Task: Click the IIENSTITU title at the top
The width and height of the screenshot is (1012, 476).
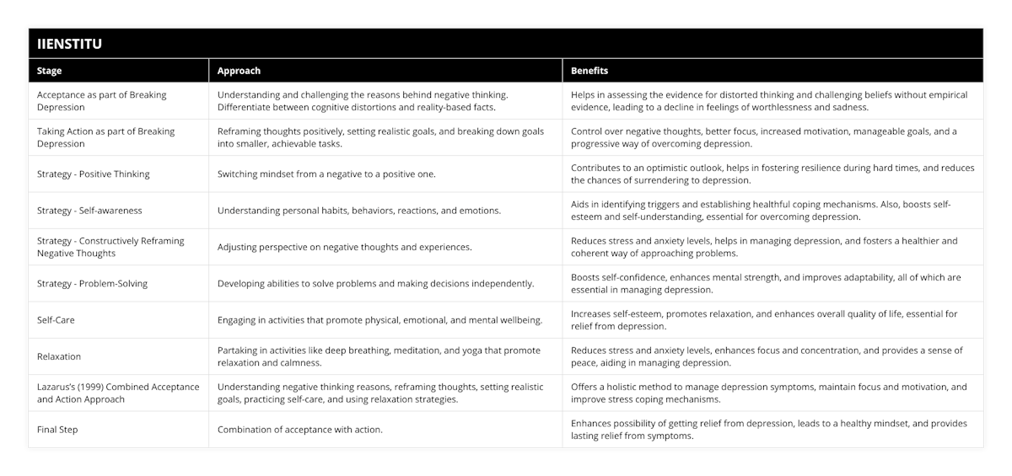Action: click(70, 44)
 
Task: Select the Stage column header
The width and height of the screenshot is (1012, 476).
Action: click(50, 71)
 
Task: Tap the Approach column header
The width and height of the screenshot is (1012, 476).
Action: click(239, 71)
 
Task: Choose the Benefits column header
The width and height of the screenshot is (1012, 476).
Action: click(589, 71)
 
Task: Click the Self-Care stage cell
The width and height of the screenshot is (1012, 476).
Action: click(57, 320)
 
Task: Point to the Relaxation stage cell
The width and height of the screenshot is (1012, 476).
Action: click(59, 356)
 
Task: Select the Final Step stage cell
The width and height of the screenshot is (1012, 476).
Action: click(57, 430)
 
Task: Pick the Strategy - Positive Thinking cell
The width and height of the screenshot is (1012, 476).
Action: click(94, 174)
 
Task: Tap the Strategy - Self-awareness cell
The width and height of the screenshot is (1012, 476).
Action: click(89, 211)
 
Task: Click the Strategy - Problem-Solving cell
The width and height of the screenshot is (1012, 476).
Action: click(92, 283)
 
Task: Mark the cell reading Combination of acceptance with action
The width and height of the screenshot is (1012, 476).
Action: click(299, 430)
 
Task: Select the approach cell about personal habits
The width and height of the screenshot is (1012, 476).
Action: click(359, 211)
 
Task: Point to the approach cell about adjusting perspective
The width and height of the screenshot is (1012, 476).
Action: click(345, 247)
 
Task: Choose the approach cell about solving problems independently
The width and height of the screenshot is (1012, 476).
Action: click(375, 283)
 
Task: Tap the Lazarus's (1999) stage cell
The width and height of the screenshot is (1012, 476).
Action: click(118, 393)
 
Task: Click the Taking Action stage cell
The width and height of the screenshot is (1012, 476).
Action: click(105, 137)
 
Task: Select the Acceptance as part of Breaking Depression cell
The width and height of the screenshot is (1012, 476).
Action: click(102, 101)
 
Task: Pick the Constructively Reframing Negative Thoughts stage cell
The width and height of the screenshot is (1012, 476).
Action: click(110, 247)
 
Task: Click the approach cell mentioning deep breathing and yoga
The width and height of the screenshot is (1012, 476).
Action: click(379, 356)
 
